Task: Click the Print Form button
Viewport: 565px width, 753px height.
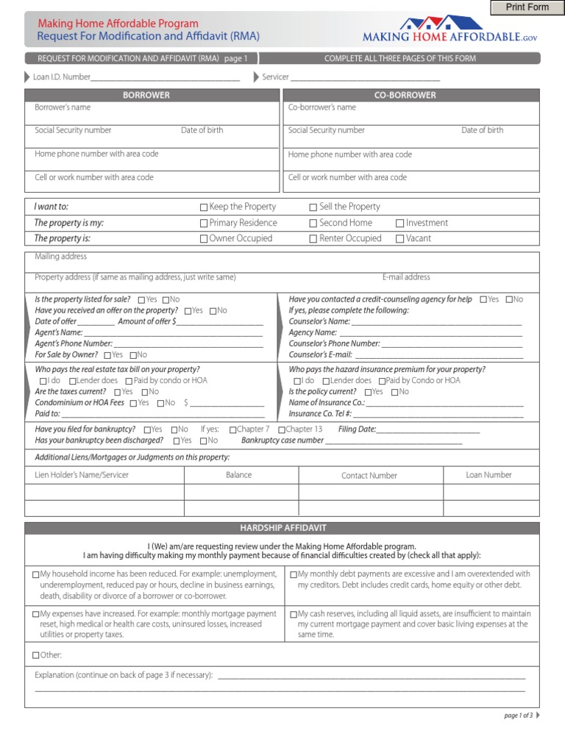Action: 527,7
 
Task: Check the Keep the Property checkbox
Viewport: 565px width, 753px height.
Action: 204,207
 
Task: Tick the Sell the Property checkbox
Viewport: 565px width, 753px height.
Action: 313,207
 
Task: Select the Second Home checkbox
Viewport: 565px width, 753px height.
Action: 313,224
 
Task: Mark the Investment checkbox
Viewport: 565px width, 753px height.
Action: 400,224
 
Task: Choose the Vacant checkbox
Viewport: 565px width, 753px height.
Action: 400,239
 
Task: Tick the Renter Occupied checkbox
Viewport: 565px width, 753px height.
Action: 313,239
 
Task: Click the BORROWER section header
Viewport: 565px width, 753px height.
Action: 152,95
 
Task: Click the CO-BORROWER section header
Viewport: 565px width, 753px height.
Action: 411,95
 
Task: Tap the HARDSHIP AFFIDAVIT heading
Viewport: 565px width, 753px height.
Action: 282,528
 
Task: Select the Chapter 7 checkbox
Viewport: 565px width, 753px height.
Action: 233,429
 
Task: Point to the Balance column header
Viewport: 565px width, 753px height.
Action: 238,475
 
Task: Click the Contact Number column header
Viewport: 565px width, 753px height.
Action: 369,476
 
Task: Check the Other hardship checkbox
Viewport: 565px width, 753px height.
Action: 36,655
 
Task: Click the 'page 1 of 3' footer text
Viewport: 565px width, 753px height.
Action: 518,715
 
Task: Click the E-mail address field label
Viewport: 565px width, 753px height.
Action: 406,277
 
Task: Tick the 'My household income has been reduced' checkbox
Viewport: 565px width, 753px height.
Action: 36,574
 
